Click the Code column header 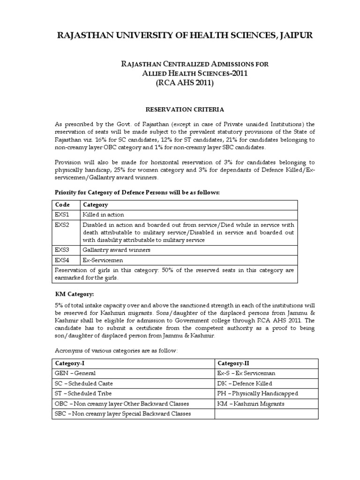tap(62, 205)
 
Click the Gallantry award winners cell tap(117, 250)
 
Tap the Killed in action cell tap(104, 215)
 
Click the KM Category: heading tap(75, 294)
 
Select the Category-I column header tap(70, 363)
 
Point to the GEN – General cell tap(75, 373)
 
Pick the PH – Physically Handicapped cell tap(257, 393)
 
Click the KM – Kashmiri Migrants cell tap(251, 404)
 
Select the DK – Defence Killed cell tap(245, 383)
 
